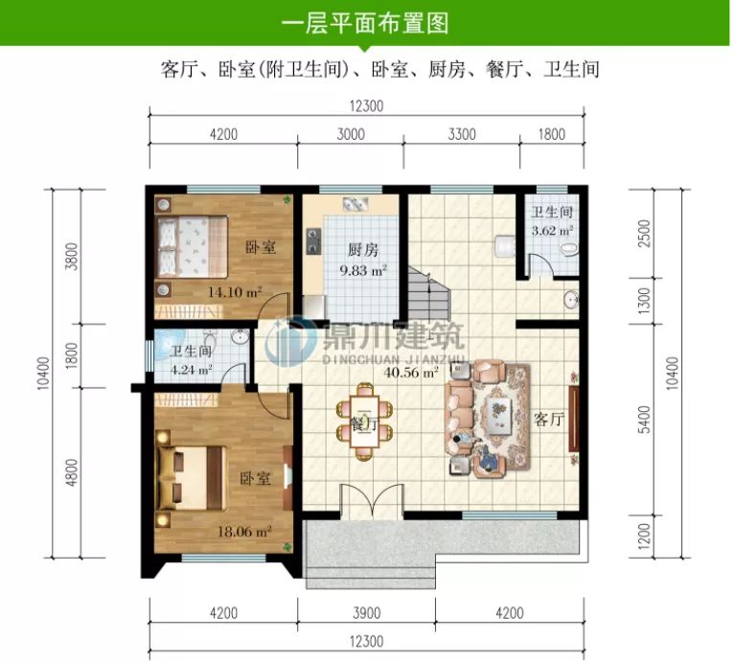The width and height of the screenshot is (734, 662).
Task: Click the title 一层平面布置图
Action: (366, 22)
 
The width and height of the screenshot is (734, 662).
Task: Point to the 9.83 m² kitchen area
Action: (363, 271)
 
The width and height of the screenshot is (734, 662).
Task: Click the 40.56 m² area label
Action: (411, 371)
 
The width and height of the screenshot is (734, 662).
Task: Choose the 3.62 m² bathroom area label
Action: (553, 230)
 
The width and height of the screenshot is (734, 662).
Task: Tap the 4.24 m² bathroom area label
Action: (191, 368)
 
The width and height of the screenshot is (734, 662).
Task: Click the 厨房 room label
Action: (363, 250)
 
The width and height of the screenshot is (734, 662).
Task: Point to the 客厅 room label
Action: (548, 419)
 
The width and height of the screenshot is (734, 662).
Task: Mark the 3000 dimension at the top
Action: (351, 134)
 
